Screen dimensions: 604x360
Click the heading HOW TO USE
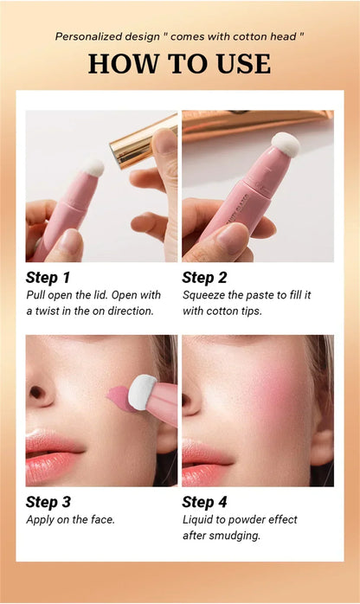(x=179, y=63)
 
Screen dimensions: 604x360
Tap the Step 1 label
(x=48, y=277)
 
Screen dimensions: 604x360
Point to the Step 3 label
(x=48, y=501)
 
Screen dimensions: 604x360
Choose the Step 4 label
(x=205, y=501)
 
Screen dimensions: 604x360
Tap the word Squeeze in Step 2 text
(x=205, y=295)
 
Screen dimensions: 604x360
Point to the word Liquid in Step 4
(x=199, y=519)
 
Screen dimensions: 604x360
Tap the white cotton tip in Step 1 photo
(x=93, y=168)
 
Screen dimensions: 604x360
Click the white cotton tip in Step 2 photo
(x=285, y=144)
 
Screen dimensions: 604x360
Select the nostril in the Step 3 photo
(x=38, y=393)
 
